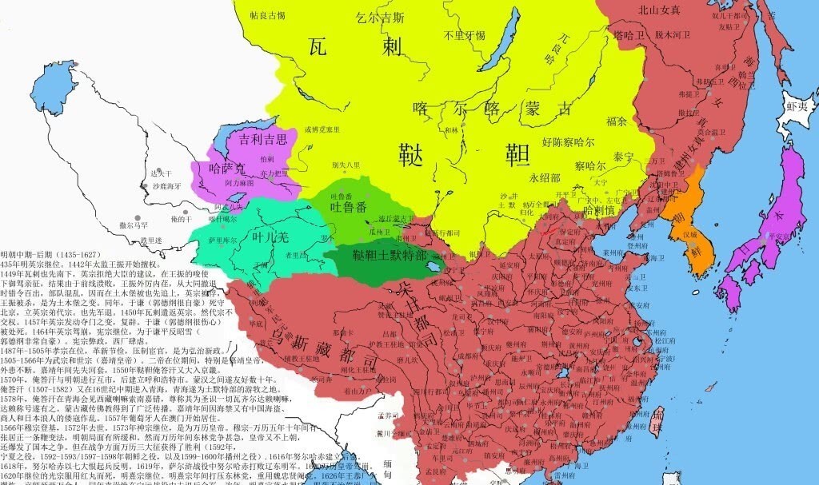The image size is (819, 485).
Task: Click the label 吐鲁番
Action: [350, 206]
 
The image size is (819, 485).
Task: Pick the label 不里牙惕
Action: [465, 36]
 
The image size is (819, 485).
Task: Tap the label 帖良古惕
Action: [267, 14]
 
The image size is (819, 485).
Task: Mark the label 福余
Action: [617, 121]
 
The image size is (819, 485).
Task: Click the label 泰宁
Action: [623, 158]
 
